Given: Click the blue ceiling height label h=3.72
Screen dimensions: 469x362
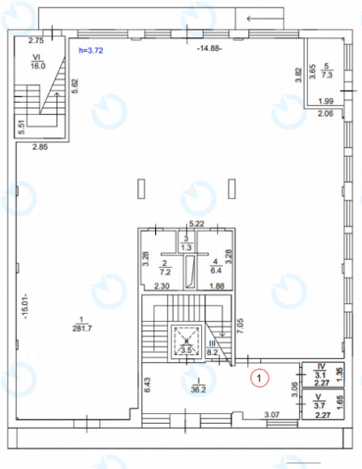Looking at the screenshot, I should click(90, 50).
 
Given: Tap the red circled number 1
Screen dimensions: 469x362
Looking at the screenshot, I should click(259, 376).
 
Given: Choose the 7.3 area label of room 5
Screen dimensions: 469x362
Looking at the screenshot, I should click(326, 73).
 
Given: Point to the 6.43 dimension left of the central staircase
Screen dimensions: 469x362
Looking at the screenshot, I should click(147, 386).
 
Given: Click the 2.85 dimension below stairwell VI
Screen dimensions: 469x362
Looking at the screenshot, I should click(41, 147).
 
